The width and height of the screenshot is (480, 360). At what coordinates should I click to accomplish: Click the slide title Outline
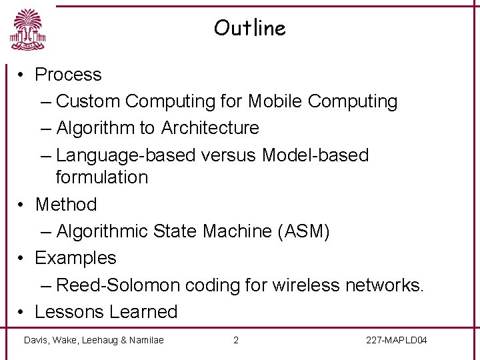249,28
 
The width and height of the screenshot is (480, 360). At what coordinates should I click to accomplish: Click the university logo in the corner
27,30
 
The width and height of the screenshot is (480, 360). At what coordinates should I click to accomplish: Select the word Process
68,75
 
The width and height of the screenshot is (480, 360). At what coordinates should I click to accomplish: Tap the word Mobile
275,101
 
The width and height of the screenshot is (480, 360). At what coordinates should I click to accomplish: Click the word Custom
88,101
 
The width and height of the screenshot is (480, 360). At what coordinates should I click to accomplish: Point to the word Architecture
210,127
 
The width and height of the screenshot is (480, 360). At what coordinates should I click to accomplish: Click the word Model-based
315,155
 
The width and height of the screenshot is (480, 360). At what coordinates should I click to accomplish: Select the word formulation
102,177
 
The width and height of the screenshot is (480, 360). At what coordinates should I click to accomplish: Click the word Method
66,205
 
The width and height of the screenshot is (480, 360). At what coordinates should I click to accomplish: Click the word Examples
75,258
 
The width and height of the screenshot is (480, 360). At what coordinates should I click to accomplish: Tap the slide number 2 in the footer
235,341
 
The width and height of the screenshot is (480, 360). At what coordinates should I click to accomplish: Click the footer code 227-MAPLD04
397,341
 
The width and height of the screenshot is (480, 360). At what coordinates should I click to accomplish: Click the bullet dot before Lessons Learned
21,312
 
